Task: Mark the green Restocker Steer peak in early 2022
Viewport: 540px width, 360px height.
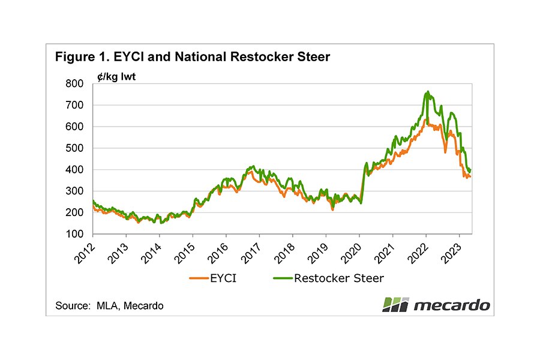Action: (427, 92)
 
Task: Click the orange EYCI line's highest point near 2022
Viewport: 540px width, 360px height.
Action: (425, 120)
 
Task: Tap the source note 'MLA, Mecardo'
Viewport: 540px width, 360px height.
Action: (109, 305)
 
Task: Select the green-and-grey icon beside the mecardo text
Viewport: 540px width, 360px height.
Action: (395, 304)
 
